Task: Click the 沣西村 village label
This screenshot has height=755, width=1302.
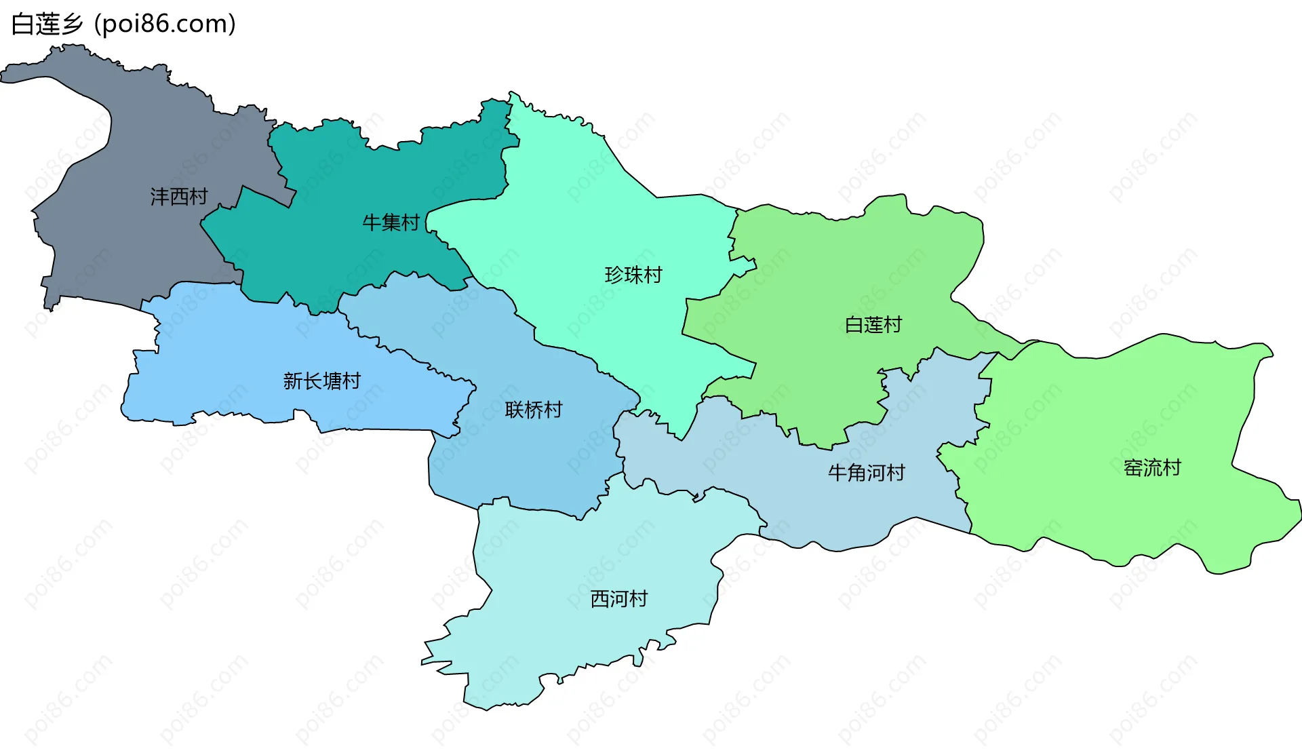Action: coord(179,197)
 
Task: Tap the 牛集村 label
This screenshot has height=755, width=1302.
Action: coord(391,222)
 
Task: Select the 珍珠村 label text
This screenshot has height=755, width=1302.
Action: coord(633,275)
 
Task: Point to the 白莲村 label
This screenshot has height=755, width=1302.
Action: coord(873,325)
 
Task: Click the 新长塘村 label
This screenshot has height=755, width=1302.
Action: coord(322,381)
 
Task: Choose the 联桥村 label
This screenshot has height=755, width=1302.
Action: coord(534,410)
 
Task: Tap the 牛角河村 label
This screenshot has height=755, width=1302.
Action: coord(867,473)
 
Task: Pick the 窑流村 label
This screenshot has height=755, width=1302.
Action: coord(1152,467)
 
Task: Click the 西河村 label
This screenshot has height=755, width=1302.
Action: coord(619,599)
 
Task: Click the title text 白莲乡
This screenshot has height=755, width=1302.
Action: coord(47,24)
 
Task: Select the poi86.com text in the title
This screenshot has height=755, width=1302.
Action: coord(165,24)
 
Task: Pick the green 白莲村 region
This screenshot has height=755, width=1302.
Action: coord(848,271)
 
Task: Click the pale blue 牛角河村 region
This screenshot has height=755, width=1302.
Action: coord(814,509)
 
